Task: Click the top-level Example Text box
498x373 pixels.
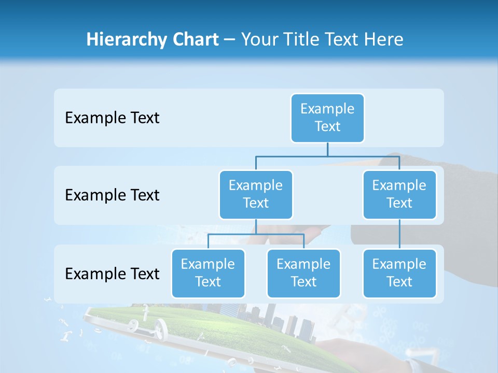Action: click(327, 118)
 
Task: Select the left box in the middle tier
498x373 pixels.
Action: click(256, 194)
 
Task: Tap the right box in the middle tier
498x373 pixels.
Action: click(399, 194)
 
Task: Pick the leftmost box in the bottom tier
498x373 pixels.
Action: click(208, 273)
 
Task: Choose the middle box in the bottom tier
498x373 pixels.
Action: click(303, 273)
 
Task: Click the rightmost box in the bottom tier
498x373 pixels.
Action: click(399, 273)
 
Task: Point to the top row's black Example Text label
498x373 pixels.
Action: click(112, 118)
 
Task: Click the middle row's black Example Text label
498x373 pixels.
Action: click(112, 195)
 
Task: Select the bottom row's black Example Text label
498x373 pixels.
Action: click(112, 274)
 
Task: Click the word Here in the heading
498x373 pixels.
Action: click(382, 39)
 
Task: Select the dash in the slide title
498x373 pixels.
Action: click(230, 40)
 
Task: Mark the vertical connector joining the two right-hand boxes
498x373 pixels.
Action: click(399, 234)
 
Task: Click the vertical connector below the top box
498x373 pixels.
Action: click(327, 149)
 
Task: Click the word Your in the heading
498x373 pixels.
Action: click(258, 40)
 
